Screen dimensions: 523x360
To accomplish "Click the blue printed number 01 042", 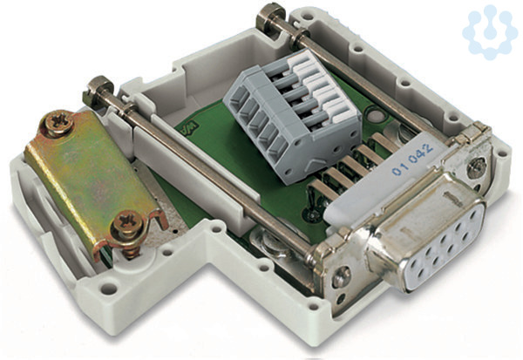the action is click(x=412, y=159).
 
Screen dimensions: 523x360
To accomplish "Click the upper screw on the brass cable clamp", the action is click(x=59, y=123).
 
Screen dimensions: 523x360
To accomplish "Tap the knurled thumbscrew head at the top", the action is click(x=270, y=17).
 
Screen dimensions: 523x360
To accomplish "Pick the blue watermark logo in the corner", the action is click(x=489, y=32).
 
